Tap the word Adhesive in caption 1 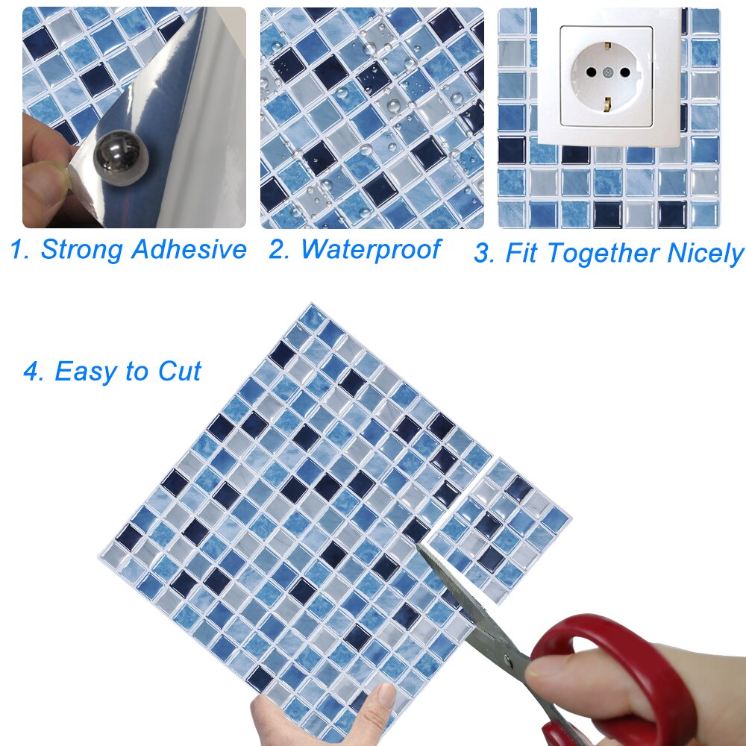coord(189,250)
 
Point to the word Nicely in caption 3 coord(705,254)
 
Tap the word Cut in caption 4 coord(179,371)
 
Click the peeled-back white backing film coord(205,119)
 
